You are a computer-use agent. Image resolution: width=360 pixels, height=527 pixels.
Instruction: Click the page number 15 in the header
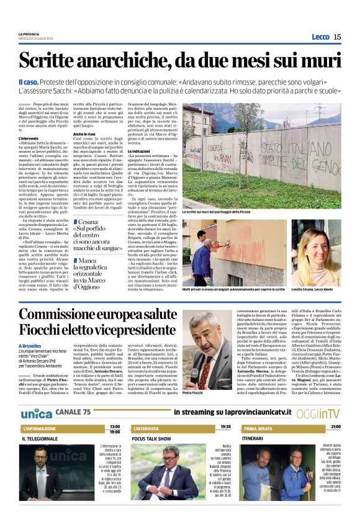pyautogui.click(x=337, y=37)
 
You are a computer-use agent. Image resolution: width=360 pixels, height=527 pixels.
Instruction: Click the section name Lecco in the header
pyautogui.click(x=320, y=37)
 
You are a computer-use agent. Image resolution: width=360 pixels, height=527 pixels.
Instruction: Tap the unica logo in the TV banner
pyautogui.click(x=36, y=413)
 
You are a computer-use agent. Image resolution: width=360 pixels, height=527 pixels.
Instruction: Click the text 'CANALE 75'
pyautogui.click(x=73, y=412)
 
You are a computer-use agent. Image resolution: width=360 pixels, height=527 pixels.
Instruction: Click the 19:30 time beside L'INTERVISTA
pyautogui.click(x=226, y=427)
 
